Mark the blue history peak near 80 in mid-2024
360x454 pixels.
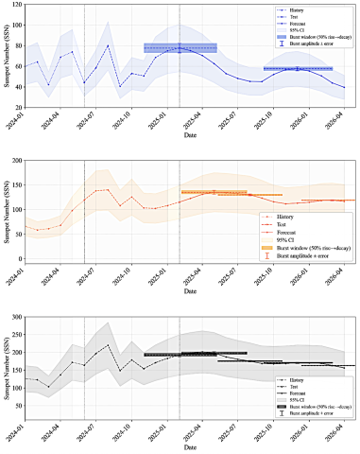108,45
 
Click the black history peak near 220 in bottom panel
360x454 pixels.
108,345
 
